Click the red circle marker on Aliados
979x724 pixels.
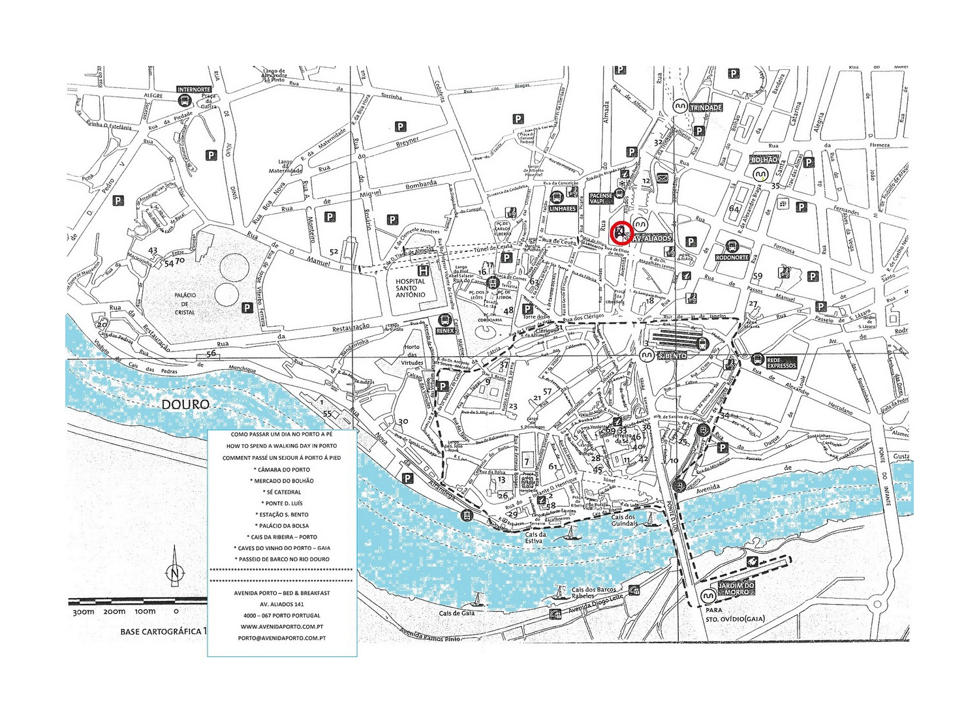pyautogui.click(x=622, y=233)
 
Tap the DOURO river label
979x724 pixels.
pyautogui.click(x=185, y=404)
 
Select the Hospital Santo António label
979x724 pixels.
pyautogui.click(x=410, y=288)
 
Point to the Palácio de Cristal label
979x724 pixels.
pyautogui.click(x=185, y=303)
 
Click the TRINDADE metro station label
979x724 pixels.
pyautogui.click(x=706, y=107)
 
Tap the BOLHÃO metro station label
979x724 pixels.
pyautogui.click(x=764, y=160)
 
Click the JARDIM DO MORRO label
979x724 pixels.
pyautogui.click(x=736, y=589)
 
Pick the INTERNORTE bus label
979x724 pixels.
pyautogui.click(x=194, y=89)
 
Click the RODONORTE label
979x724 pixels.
pyautogui.click(x=732, y=257)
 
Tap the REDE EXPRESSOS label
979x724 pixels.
pyautogui.click(x=781, y=363)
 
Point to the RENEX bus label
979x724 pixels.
pyautogui.click(x=444, y=331)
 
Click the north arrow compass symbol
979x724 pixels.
pyautogui.click(x=174, y=572)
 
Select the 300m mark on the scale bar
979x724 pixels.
pyautogui.click(x=84, y=612)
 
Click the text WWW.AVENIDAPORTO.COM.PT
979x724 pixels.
pyautogui.click(x=282, y=626)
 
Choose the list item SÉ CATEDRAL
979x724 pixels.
pyautogui.click(x=282, y=492)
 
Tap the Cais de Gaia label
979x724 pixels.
pyautogui.click(x=456, y=613)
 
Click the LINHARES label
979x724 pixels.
pyautogui.click(x=562, y=209)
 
